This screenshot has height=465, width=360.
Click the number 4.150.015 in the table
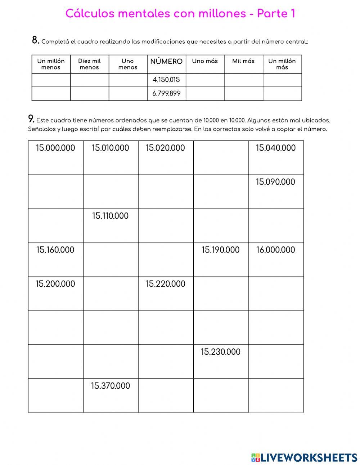click(x=166, y=80)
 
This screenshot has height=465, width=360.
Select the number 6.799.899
click(x=166, y=94)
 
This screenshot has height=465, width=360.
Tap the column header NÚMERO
click(x=166, y=62)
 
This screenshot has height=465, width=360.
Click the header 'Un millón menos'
click(x=51, y=64)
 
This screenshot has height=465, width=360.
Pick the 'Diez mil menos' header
click(x=89, y=64)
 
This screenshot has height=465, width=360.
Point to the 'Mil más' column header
click(x=243, y=61)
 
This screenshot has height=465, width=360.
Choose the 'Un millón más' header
click(x=282, y=64)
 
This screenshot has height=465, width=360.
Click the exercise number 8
click(x=35, y=40)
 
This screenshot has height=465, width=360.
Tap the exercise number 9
click(x=31, y=119)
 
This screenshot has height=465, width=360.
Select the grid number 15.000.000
click(x=55, y=148)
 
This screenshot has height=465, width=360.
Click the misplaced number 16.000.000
click(x=275, y=250)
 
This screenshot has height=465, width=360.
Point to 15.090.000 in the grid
click(x=275, y=182)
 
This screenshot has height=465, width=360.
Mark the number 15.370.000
click(x=111, y=386)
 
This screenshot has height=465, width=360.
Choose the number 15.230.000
click(x=220, y=352)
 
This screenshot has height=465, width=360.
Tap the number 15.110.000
click(x=110, y=216)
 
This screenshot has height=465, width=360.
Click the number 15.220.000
click(x=165, y=284)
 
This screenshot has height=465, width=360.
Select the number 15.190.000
click(x=220, y=250)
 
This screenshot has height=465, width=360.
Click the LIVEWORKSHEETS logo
click(x=304, y=457)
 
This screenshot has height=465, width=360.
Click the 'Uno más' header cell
click(x=205, y=61)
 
